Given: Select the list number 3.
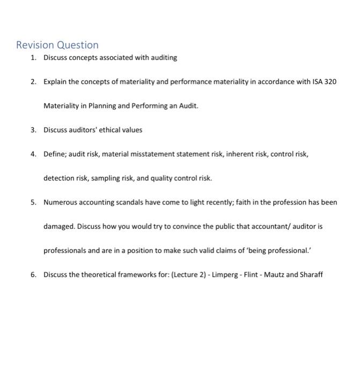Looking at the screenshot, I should pos(33,130).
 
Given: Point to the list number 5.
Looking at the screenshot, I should pos(33,203).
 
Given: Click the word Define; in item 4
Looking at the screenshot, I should pos(56,154).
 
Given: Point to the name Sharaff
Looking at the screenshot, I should pos(311,275).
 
